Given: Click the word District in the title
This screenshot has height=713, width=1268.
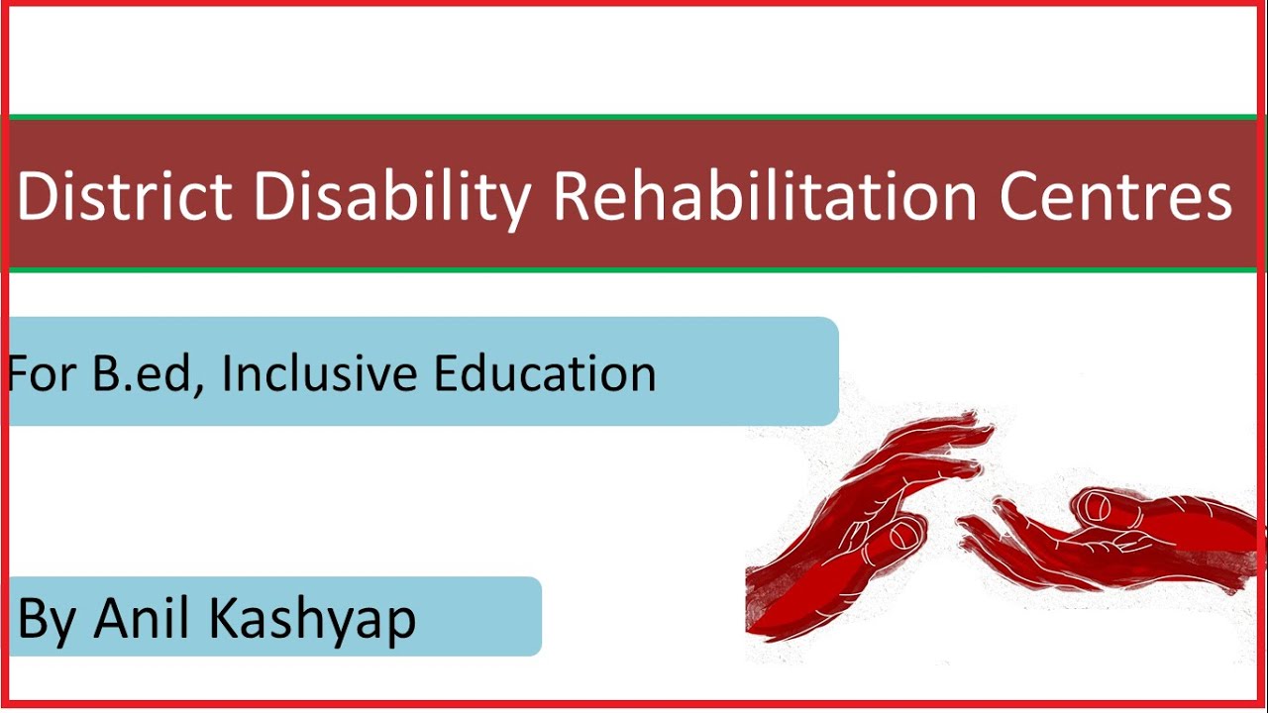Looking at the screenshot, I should [124, 196].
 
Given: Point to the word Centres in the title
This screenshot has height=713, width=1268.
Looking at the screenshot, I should [1115, 196].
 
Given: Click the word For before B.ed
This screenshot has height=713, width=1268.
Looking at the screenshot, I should [45, 373].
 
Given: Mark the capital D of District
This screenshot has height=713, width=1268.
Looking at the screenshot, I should [37, 196].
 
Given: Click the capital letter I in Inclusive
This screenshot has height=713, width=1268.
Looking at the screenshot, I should [227, 373].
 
